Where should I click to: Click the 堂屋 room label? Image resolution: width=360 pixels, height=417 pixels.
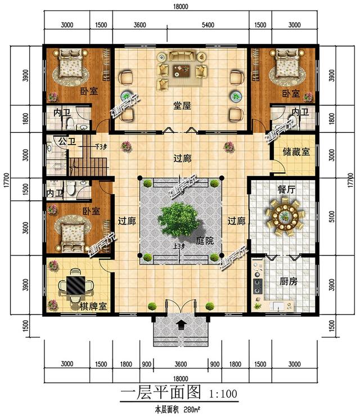[x=181, y=105]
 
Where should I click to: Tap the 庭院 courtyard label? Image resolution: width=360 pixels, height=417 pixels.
[x=204, y=240]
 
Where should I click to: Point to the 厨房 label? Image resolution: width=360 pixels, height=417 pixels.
[x=288, y=281]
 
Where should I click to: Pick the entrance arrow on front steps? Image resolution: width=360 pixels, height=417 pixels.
[x=181, y=324]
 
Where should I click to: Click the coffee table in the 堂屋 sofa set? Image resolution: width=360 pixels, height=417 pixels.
[x=182, y=70]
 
